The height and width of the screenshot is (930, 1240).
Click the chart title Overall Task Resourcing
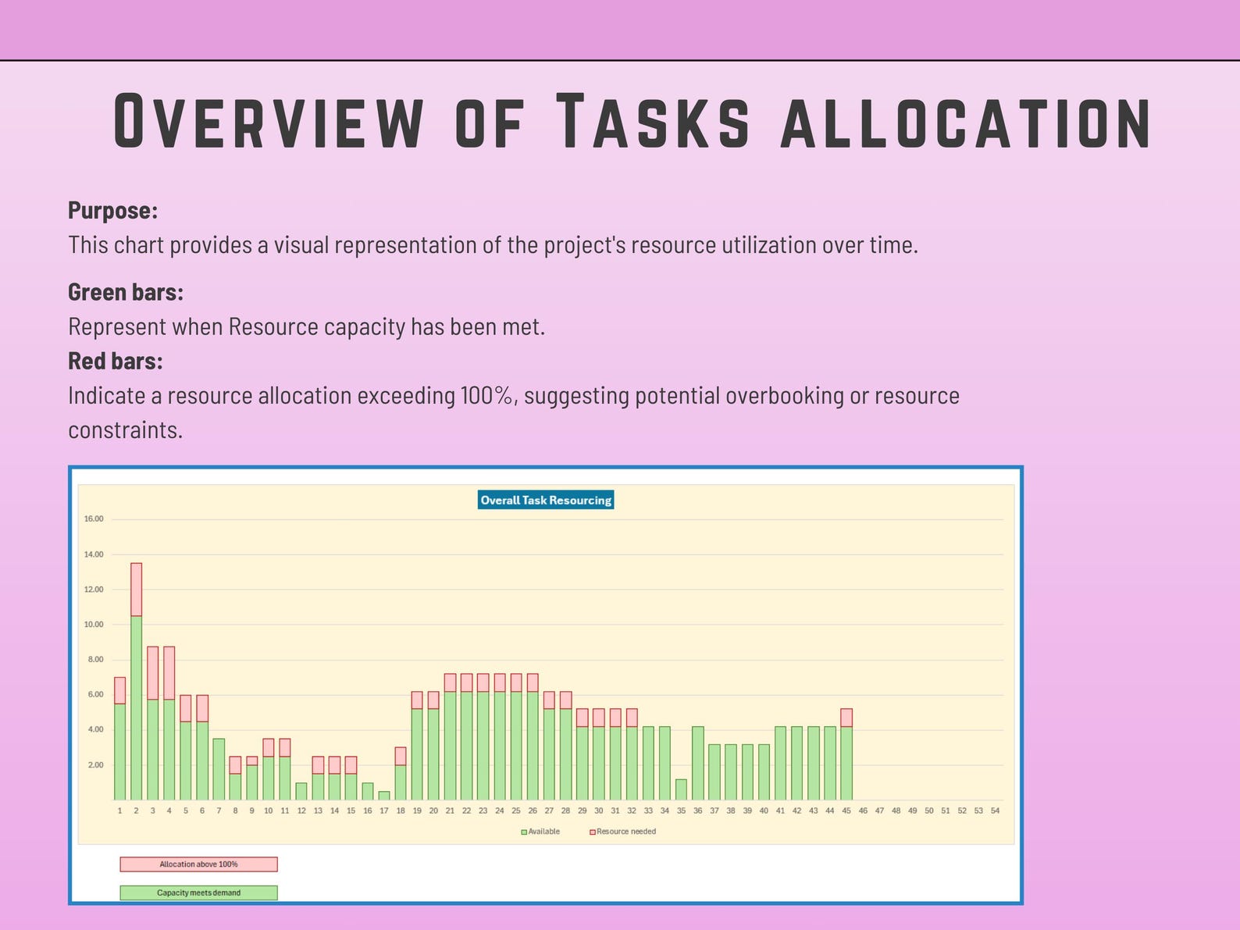[546, 500]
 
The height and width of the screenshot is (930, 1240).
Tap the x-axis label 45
[846, 811]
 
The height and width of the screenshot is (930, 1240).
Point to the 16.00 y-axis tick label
[94, 518]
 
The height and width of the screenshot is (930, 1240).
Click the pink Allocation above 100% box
[198, 864]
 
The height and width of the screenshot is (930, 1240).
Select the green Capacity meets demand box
[198, 893]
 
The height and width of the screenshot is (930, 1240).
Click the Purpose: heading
[112, 211]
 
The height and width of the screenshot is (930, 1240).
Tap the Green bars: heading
[125, 292]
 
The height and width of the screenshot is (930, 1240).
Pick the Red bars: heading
[115, 361]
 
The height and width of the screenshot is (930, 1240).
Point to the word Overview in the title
[268, 122]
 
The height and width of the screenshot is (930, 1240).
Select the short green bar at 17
[384, 796]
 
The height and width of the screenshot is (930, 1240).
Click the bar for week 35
[681, 789]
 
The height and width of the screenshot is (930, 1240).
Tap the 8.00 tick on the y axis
[94, 659]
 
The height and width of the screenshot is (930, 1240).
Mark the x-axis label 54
[995, 811]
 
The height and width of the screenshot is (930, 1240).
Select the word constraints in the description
[125, 430]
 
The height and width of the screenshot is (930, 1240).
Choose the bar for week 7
[219, 769]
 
